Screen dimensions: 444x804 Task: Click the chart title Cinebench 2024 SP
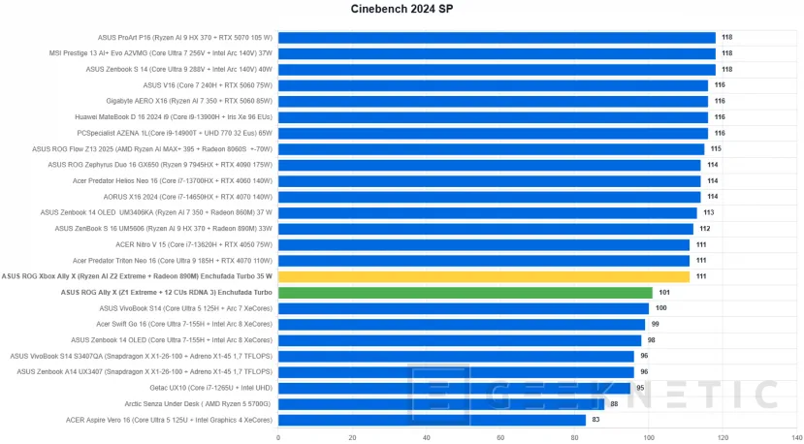pyautogui.click(x=402, y=10)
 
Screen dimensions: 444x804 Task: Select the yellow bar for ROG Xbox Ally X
pyautogui.click(x=484, y=276)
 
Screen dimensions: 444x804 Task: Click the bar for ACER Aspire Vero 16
pyautogui.click(x=432, y=420)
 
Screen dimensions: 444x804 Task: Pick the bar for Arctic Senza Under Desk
pyautogui.click(x=441, y=404)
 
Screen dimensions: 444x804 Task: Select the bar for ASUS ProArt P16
pyautogui.click(x=497, y=38)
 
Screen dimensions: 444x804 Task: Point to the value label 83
pyautogui.click(x=595, y=420)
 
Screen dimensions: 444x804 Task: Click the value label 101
pyautogui.click(x=664, y=292)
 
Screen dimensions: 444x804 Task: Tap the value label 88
pyautogui.click(x=614, y=404)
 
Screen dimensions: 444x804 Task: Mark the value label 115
pyautogui.click(x=716, y=149)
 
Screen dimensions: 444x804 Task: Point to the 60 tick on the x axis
pyautogui.click(x=500, y=436)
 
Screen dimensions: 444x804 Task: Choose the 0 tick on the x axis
pyautogui.click(x=279, y=436)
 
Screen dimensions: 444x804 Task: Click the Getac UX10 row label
pyautogui.click(x=209, y=388)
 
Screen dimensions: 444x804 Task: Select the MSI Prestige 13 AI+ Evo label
pyautogui.click(x=161, y=53)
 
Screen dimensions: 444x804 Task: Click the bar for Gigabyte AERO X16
pyautogui.click(x=494, y=101)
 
